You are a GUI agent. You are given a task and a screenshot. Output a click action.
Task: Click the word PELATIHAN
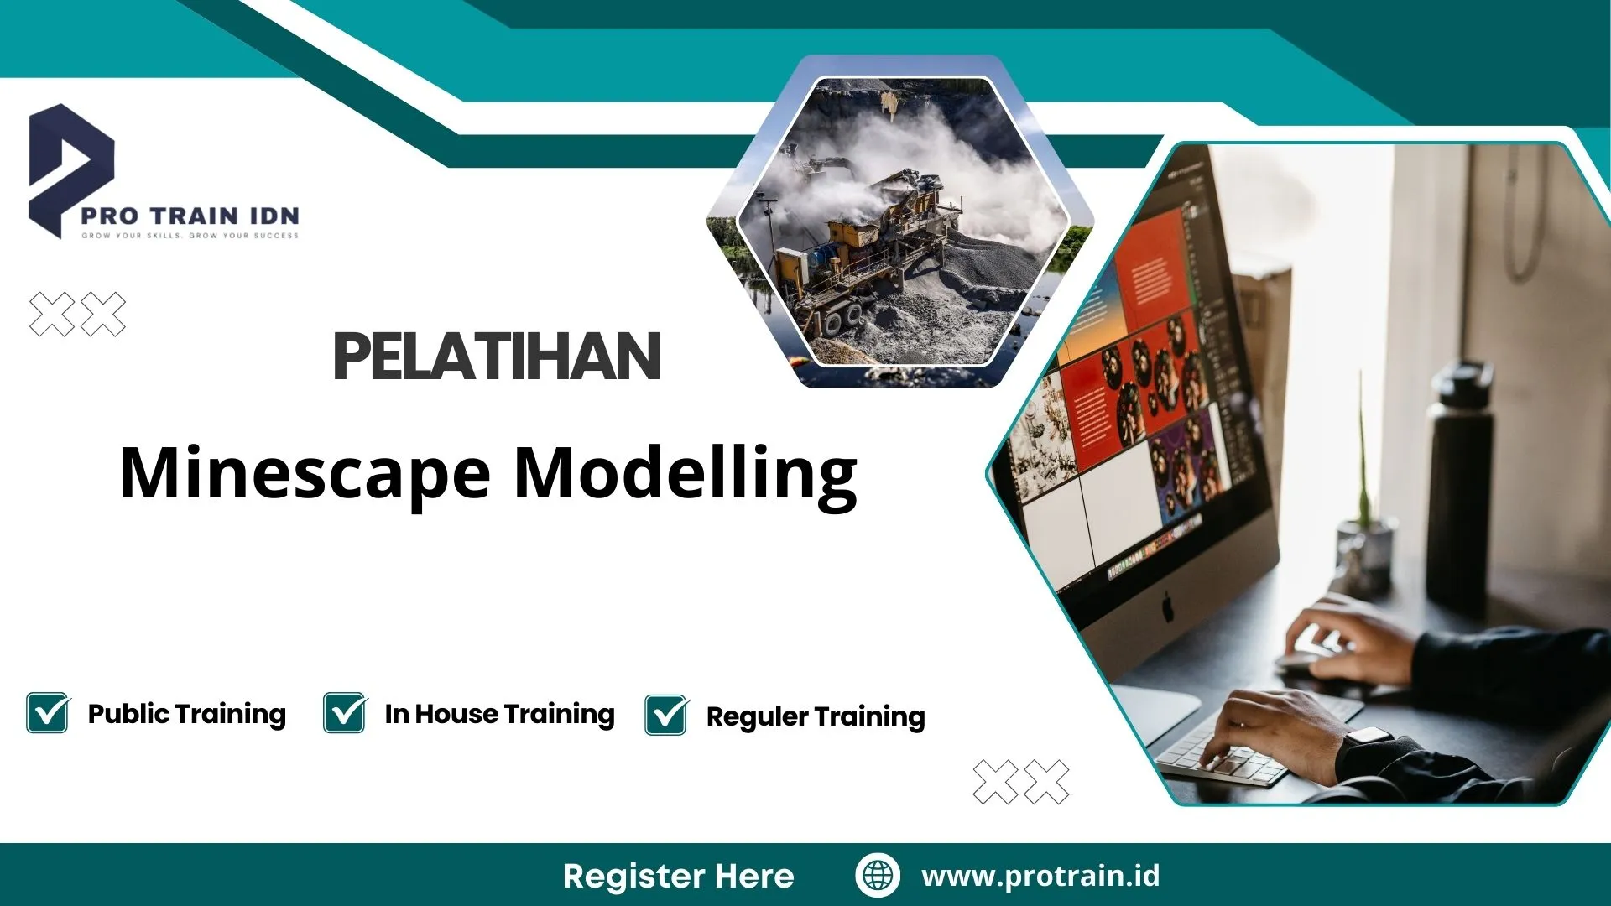tap(497, 357)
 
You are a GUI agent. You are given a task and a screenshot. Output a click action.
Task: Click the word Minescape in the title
tap(304, 474)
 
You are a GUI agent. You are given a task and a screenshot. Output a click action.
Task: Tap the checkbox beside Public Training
tap(47, 713)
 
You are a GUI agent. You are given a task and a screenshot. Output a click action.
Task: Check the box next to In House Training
tap(344, 713)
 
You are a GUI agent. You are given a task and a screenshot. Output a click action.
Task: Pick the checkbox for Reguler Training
tap(666, 716)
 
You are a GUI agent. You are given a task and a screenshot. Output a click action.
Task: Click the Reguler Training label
tap(815, 716)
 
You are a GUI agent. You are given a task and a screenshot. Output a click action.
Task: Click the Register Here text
tap(678, 876)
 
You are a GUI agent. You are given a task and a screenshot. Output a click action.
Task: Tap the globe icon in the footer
tap(878, 875)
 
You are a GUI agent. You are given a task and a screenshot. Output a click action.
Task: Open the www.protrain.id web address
tap(1040, 876)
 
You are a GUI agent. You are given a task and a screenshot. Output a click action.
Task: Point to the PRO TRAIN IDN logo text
tap(190, 216)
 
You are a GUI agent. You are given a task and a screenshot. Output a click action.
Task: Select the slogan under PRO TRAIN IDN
tap(190, 236)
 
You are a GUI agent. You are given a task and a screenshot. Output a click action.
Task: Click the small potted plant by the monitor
tap(1363, 537)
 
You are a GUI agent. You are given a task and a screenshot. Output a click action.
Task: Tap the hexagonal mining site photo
tap(902, 222)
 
